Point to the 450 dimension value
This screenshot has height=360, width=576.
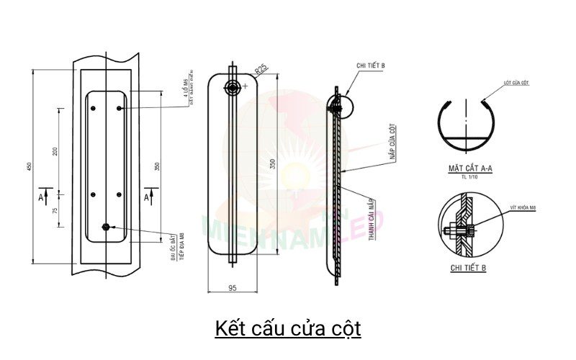pos(29,166)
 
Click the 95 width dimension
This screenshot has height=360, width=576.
pos(233,288)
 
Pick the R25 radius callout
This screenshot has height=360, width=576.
pos(261,69)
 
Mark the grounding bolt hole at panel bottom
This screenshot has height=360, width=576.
pos(106,228)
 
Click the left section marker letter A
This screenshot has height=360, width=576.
pos(40,196)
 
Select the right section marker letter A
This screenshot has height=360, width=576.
pos(147,196)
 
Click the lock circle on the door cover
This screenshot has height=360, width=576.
pos(233,87)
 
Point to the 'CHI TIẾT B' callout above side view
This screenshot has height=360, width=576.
pos(370,66)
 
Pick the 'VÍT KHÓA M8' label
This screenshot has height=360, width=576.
pos(523,207)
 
